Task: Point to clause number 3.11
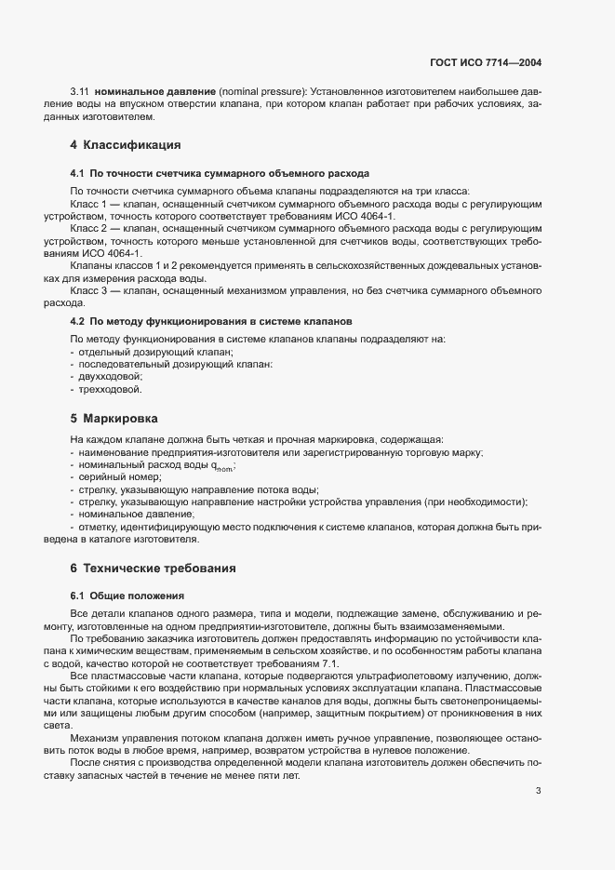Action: [79, 92]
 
